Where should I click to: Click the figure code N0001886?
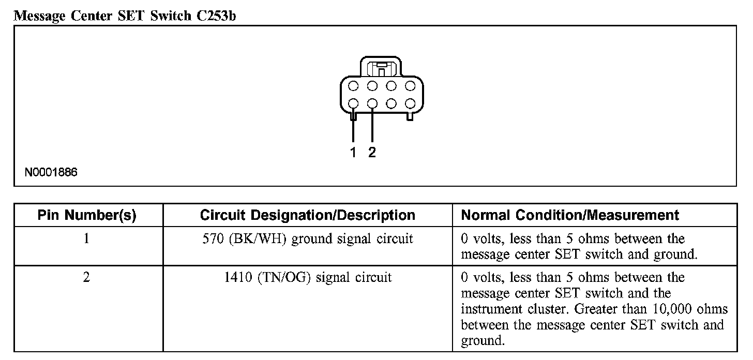[x=51, y=172]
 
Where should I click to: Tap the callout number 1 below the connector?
[x=353, y=152]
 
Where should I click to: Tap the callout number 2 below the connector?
[x=372, y=152]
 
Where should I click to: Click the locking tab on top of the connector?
[x=381, y=68]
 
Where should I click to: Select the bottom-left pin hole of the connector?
[x=353, y=103]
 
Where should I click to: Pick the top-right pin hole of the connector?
[x=410, y=85]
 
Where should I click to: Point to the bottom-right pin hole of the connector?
[x=410, y=103]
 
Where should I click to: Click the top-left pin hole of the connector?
[x=353, y=85]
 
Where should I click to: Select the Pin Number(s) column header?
[x=87, y=215]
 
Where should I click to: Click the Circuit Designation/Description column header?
[x=307, y=215]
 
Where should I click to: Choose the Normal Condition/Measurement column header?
[x=570, y=215]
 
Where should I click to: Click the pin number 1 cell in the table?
[x=86, y=239]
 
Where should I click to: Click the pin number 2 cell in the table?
[x=86, y=278]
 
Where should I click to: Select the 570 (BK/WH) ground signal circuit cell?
[x=308, y=239]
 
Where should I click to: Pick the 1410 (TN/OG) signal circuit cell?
[x=308, y=278]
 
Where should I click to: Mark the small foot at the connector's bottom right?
[x=410, y=117]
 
